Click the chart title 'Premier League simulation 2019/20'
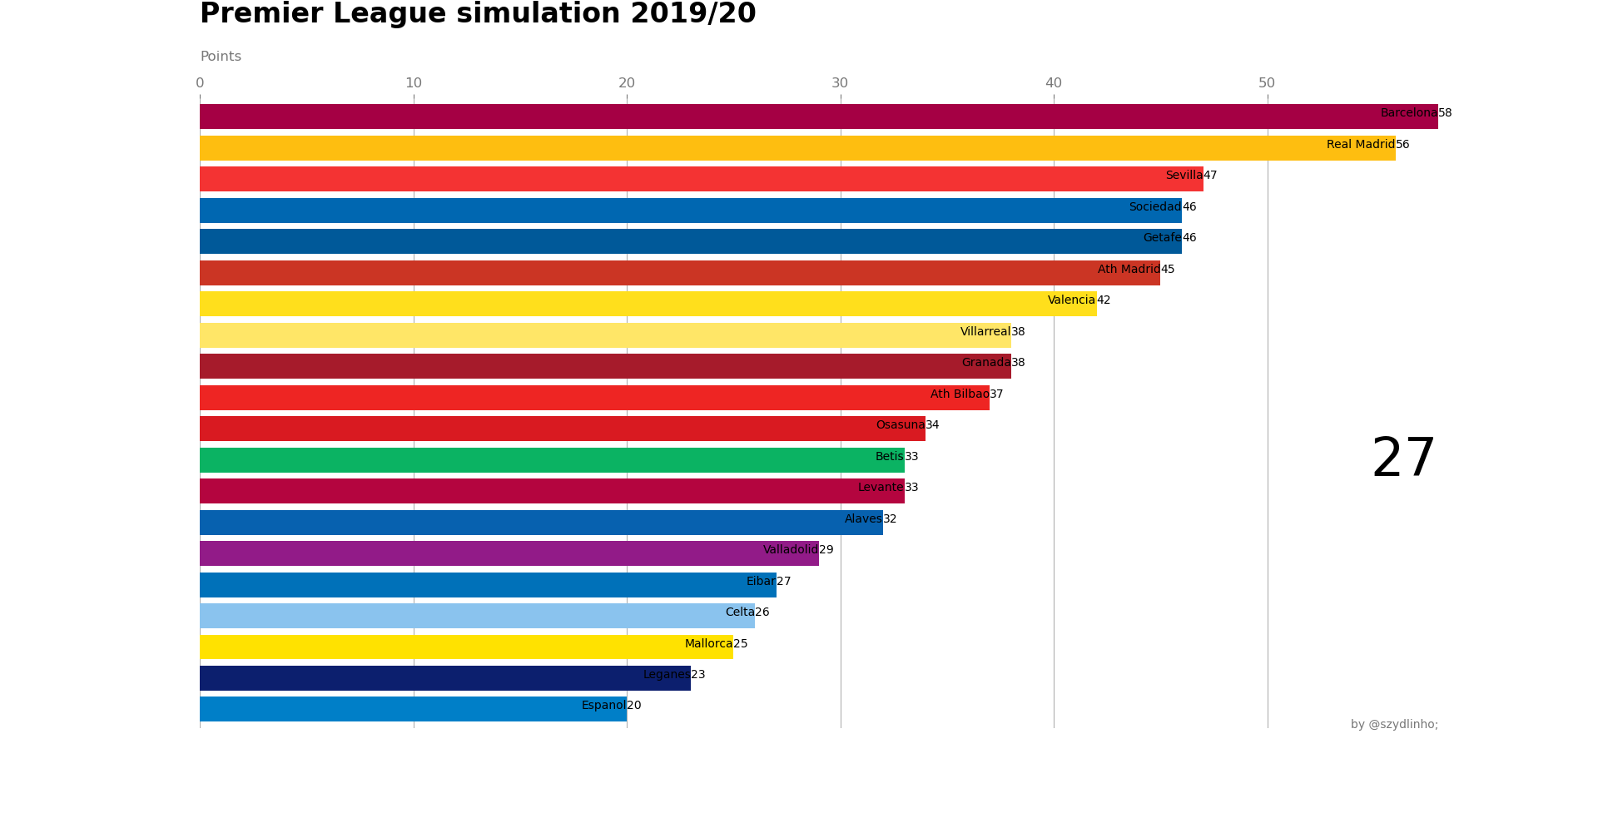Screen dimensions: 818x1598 coord(478,14)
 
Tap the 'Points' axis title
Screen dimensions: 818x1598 coord(221,57)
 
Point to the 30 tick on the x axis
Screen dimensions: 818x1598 coord(840,83)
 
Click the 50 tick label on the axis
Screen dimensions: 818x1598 coord(1267,83)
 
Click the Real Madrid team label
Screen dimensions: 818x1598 coord(1360,145)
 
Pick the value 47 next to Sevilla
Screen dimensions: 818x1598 coord(1210,176)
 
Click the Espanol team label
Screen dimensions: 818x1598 coord(603,706)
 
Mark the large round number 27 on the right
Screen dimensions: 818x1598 coord(1403,459)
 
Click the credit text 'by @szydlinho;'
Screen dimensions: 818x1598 coord(1394,725)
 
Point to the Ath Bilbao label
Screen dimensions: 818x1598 coord(959,394)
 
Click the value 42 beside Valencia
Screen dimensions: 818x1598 coord(1104,300)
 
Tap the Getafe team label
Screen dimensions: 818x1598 coord(1162,238)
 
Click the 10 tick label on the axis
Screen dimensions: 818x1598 coord(414,83)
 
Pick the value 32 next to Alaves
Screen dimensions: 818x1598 coord(890,519)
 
